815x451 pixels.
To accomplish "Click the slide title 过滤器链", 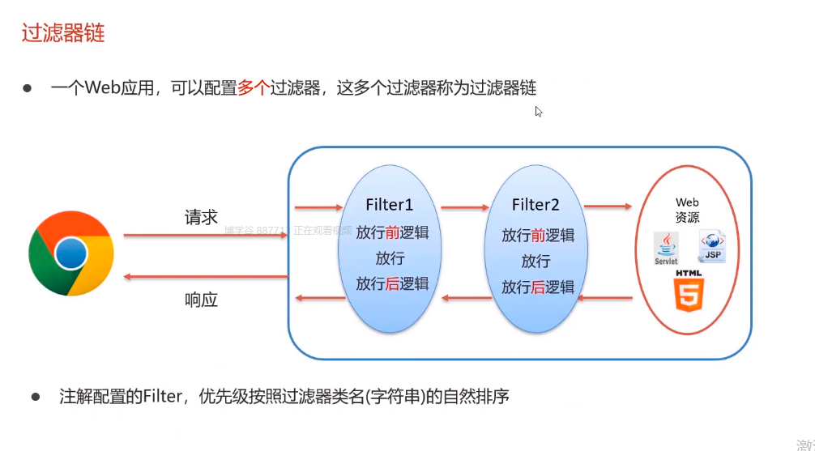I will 63,33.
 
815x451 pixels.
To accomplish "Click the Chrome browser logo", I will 71,253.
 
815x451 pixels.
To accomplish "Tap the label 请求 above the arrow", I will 201,217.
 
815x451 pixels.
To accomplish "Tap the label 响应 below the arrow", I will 201,300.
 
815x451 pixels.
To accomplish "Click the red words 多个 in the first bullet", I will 252,88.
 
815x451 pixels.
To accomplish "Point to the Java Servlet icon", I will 666,247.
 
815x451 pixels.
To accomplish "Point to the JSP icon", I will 711,245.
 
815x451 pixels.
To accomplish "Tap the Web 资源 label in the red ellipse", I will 688,210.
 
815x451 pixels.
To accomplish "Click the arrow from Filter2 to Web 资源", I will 608,206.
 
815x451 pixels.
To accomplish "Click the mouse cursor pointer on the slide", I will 539,111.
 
